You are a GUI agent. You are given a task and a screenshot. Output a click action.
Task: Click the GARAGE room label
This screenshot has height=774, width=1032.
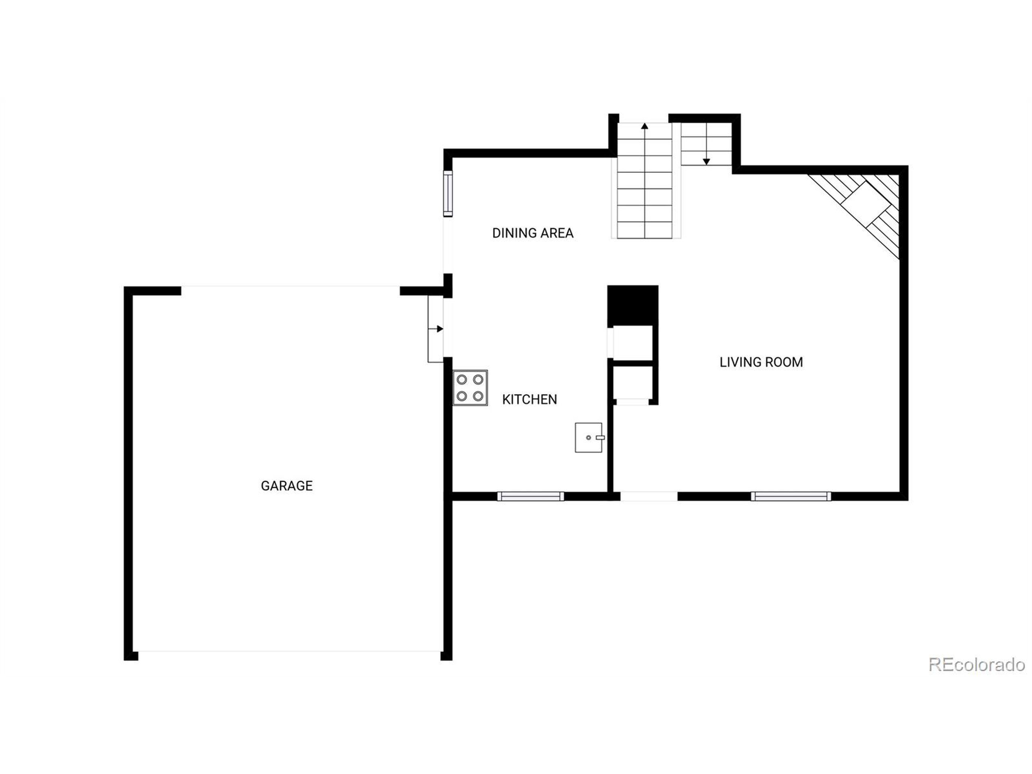287,486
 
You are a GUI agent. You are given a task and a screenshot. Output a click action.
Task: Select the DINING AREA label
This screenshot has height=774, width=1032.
533,233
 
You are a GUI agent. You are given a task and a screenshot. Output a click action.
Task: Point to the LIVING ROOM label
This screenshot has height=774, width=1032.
761,362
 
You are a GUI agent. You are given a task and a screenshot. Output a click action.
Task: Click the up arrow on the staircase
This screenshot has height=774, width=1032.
644,126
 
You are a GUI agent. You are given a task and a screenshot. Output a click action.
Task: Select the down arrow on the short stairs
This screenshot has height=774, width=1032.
706,161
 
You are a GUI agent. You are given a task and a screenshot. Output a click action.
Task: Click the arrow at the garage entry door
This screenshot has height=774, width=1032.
439,329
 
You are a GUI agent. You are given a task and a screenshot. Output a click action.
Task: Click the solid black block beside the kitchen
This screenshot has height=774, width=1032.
633,305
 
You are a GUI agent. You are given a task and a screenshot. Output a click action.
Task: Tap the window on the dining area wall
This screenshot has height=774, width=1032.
448,193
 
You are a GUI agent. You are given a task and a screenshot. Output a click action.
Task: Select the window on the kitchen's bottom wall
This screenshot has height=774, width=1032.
531,496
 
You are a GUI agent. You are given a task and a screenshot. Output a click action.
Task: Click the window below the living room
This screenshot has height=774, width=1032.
791,496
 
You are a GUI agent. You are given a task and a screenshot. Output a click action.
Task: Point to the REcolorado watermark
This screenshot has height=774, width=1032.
976,665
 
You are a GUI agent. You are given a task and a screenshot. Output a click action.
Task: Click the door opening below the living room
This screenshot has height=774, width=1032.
649,496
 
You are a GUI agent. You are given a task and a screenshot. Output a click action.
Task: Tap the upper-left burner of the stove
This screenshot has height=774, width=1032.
462,380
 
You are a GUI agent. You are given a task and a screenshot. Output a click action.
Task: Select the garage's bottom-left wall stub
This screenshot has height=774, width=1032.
131,656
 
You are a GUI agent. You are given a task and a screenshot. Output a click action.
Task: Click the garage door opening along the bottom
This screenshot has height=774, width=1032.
289,651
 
